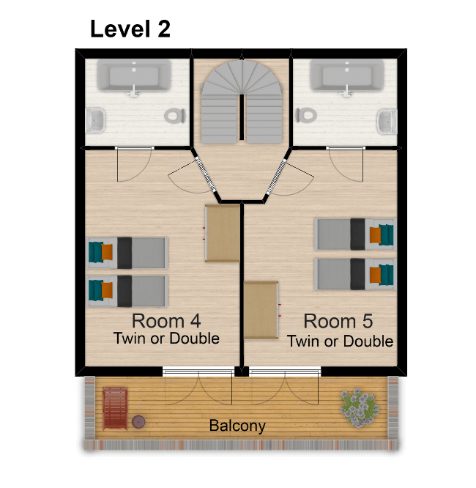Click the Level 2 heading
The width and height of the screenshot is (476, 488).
point(130,29)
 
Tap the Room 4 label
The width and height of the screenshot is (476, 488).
point(166,321)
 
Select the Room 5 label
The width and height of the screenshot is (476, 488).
point(338,321)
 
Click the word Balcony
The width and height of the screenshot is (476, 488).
point(237,426)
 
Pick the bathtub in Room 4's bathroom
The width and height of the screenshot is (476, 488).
point(134,76)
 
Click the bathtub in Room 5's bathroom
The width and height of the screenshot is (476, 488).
point(346,76)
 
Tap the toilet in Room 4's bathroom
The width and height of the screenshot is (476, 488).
point(175,116)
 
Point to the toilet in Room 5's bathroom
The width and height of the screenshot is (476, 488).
point(306,116)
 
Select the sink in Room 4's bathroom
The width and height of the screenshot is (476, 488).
point(95,120)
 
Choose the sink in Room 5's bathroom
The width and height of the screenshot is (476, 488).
point(387,122)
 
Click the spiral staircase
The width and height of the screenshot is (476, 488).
point(242,101)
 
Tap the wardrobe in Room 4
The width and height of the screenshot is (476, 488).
point(223,233)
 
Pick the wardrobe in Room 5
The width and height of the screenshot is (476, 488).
point(261,310)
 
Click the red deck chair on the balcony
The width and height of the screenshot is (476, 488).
point(115,408)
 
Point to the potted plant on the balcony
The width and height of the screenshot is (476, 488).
point(360,407)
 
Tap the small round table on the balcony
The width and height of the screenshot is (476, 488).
point(138,422)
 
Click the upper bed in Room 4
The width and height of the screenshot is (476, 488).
point(127,253)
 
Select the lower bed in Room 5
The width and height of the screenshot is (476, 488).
point(355,274)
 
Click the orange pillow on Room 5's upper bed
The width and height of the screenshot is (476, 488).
point(375,235)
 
